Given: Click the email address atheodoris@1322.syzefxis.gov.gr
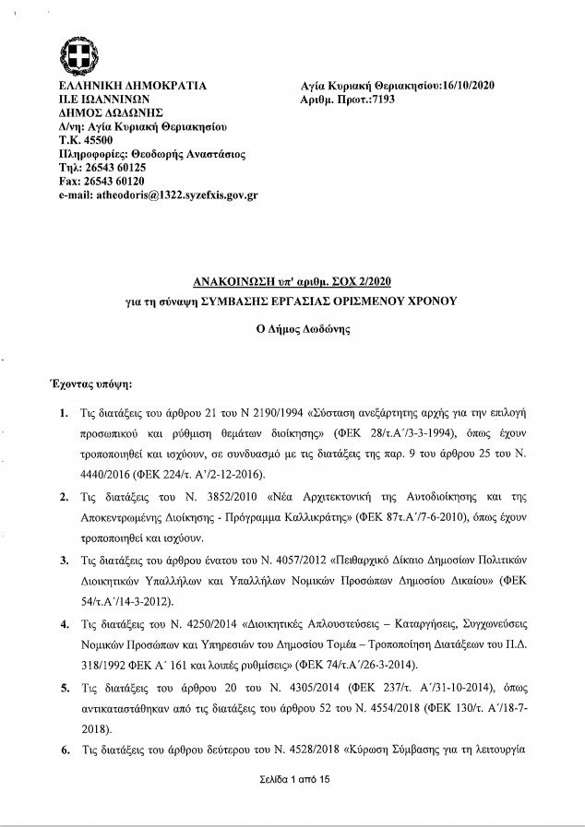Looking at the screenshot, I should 158,195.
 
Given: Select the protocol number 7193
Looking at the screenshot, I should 380,98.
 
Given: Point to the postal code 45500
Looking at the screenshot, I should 94,140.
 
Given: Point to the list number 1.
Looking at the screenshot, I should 63,408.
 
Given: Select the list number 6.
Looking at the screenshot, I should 63,750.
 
